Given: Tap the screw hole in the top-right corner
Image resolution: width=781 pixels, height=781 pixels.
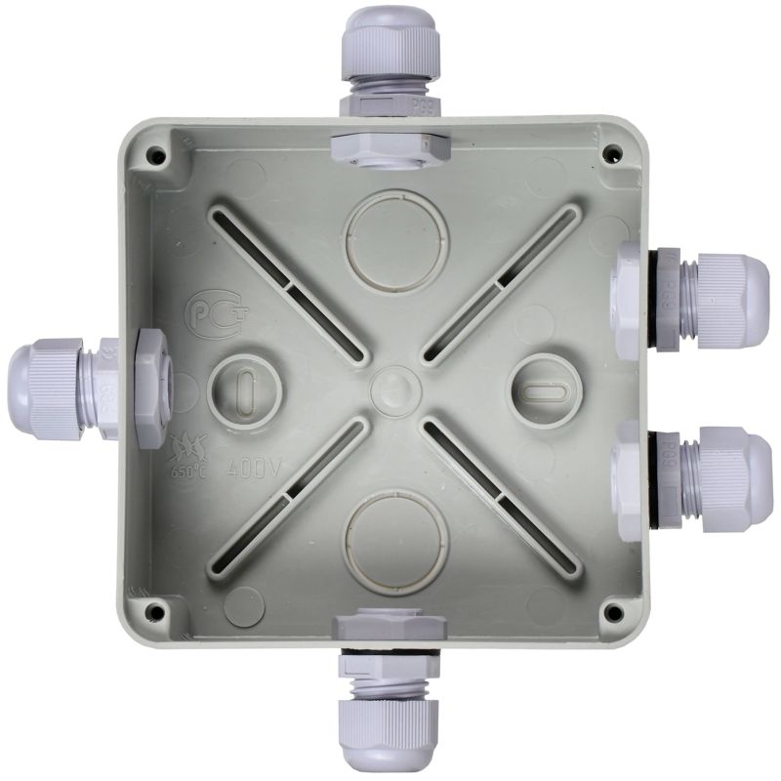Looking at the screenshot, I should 612,153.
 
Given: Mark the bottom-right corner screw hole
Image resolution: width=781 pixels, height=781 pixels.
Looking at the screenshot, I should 613,612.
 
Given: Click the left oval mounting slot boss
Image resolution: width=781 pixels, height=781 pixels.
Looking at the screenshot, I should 244,386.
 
